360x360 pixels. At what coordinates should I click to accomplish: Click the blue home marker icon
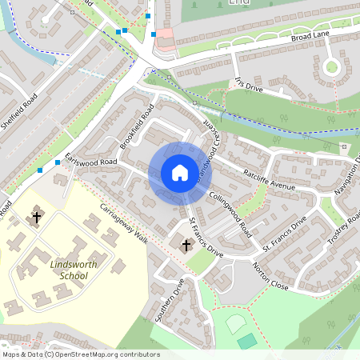tap(179, 173)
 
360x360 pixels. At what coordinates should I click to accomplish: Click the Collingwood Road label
tap(230, 206)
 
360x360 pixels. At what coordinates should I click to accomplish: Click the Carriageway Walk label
tap(124, 227)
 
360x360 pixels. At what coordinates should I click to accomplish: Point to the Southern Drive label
tap(170, 298)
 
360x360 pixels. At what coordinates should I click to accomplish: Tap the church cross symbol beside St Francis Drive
tap(187, 245)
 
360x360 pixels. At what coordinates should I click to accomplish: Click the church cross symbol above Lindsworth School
tap(36, 216)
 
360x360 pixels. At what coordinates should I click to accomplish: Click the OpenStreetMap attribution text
tap(81, 354)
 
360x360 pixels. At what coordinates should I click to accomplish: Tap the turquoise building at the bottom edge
tap(247, 342)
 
